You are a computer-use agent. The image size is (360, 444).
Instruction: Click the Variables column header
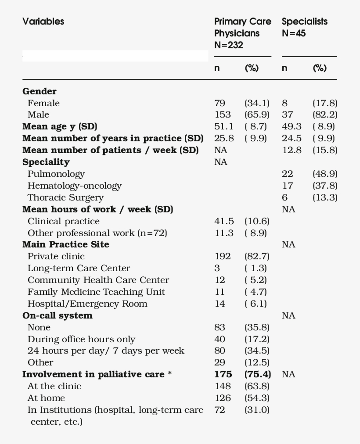[x=43, y=21]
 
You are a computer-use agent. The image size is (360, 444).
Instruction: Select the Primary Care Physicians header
[x=242, y=33]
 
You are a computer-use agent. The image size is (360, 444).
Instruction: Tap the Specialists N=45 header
[x=304, y=27]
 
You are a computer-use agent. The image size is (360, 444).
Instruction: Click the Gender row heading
[x=40, y=91]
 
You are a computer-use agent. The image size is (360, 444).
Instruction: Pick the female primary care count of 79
[x=220, y=103]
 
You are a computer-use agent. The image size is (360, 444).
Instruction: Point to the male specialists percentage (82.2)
[x=325, y=115]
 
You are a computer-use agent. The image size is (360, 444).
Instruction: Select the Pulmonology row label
[x=56, y=174]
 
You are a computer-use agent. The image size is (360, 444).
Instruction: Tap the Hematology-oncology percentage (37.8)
[x=325, y=186]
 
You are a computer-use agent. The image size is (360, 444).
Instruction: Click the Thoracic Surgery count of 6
[x=285, y=197]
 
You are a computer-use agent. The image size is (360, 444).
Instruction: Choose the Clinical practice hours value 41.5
[x=224, y=221]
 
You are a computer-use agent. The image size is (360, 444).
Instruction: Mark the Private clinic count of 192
[x=222, y=256]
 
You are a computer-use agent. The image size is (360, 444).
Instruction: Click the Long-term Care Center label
[x=79, y=268]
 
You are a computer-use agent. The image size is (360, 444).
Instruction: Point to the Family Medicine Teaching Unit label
[x=96, y=292]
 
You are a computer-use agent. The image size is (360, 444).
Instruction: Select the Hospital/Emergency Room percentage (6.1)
[x=256, y=304]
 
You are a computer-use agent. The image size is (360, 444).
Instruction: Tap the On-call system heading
[x=57, y=315]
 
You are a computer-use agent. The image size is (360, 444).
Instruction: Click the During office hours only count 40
[x=220, y=339]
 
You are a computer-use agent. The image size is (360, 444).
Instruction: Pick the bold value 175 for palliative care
[x=223, y=374]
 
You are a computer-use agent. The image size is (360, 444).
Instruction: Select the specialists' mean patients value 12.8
[x=292, y=150]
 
